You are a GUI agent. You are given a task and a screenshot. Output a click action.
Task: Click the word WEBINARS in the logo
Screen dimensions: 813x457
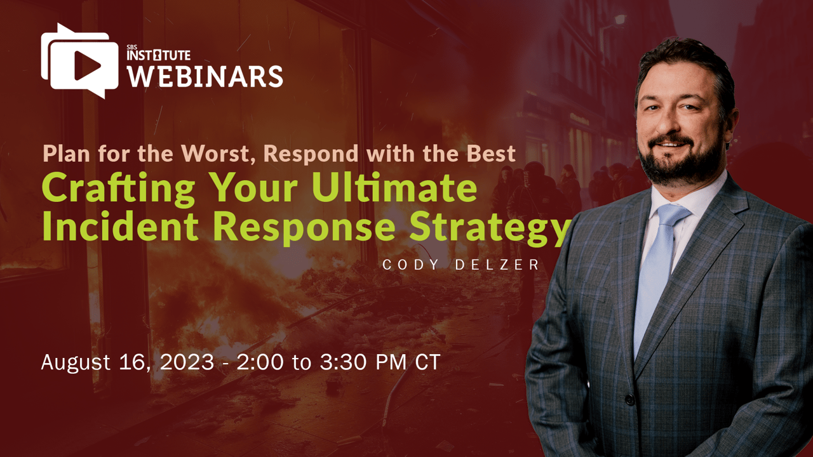point(205,76)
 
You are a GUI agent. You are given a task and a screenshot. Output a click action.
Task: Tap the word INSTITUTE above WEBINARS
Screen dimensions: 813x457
point(159,55)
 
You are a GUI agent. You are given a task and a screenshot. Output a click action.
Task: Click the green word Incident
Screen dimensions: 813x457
point(120,227)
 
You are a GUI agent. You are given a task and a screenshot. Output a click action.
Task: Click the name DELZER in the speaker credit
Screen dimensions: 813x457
point(497,265)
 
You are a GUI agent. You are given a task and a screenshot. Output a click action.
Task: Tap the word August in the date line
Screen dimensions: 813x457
point(76,362)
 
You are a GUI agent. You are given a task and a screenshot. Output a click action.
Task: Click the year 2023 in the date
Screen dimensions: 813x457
point(187,362)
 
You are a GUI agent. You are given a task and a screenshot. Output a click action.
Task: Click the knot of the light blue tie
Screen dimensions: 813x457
point(673,215)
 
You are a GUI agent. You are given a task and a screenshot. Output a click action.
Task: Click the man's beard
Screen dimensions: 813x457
point(680,161)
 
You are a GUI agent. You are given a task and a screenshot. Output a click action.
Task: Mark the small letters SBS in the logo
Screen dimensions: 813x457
point(131,47)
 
